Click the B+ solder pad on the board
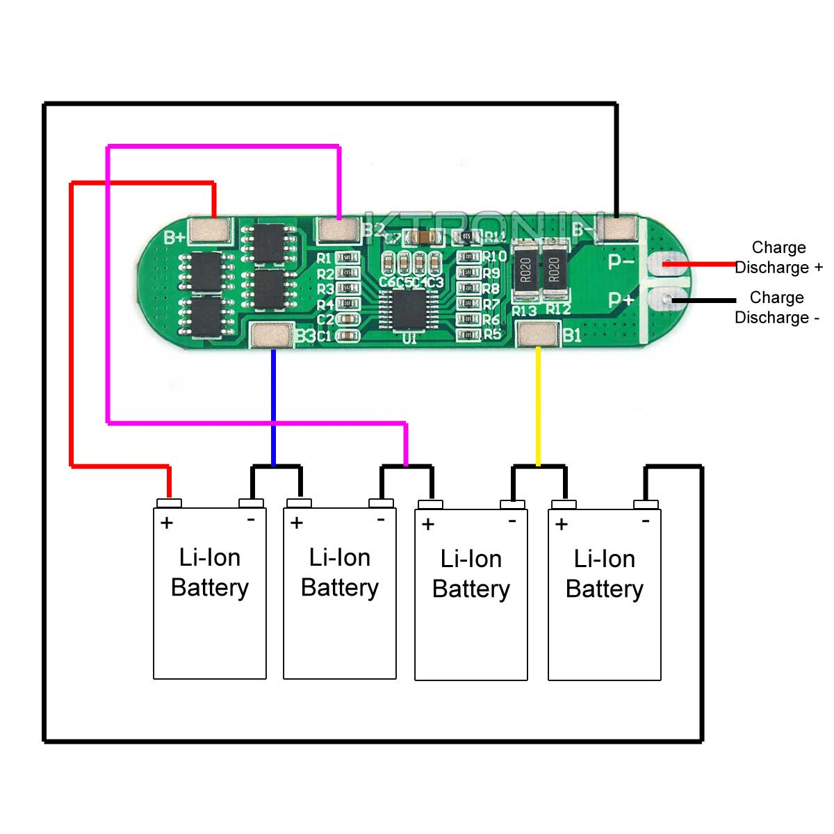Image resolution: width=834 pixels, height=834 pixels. [x=210, y=230]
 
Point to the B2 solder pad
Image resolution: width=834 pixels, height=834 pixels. [x=338, y=229]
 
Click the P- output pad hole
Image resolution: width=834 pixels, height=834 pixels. [x=666, y=263]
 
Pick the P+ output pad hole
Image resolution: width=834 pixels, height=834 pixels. [x=666, y=300]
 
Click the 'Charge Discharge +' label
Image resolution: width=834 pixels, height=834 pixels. [x=778, y=257]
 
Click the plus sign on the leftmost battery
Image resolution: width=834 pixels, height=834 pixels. [x=167, y=523]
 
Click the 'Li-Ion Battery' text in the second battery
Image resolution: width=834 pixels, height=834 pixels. [x=340, y=572]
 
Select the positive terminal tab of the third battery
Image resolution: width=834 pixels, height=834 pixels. [x=430, y=505]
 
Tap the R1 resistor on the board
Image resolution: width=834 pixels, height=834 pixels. [x=347, y=258]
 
